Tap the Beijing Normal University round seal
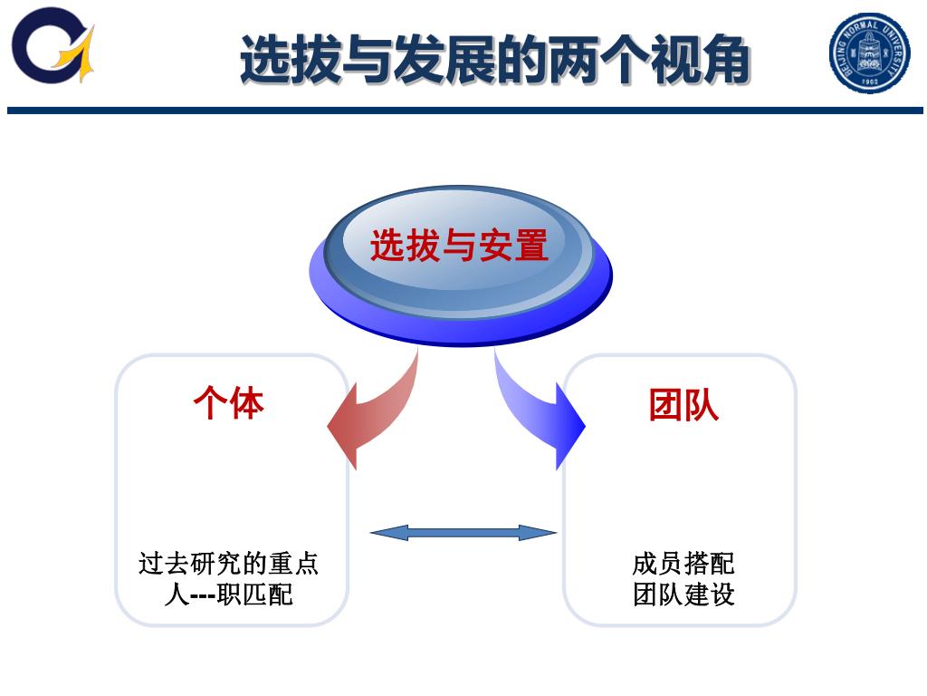point(869,53)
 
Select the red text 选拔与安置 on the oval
point(459,246)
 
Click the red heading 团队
point(683,404)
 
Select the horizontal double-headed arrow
point(463,532)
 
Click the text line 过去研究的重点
point(229,564)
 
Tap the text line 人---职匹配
point(229,594)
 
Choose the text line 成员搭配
point(683,564)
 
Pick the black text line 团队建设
point(683,594)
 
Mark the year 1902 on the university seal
point(870,80)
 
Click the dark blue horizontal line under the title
point(463,111)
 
